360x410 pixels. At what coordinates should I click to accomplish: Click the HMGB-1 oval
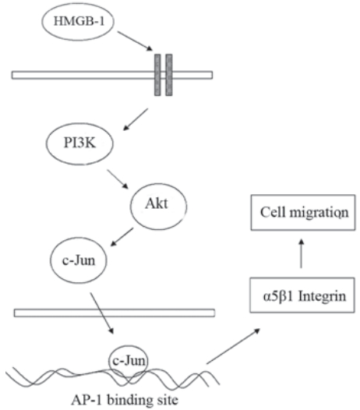point(78,22)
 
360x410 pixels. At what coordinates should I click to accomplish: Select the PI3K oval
point(79,143)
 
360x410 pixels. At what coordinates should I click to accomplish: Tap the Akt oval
point(159,206)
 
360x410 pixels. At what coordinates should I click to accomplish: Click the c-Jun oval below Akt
point(79,260)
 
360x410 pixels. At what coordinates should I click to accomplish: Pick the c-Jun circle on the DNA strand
point(129,361)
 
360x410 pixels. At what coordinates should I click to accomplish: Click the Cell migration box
point(303,212)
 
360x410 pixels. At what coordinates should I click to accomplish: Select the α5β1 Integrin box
point(302,295)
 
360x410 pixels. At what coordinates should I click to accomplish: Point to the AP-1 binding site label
point(125,400)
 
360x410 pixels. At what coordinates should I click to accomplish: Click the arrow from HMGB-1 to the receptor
point(135,41)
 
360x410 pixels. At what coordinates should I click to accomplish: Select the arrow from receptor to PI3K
point(136,119)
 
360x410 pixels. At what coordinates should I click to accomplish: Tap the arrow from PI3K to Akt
point(118,179)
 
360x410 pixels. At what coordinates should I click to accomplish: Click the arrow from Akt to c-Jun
point(122,237)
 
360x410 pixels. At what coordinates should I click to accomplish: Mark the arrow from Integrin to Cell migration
point(302,253)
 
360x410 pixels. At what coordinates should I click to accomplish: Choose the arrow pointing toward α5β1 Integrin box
point(233,346)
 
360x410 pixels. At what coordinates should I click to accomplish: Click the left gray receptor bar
point(157,75)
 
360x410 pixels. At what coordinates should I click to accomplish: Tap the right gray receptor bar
point(169,75)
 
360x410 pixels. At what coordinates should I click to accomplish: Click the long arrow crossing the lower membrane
point(102,313)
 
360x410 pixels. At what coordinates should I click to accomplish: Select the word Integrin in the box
point(323,296)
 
